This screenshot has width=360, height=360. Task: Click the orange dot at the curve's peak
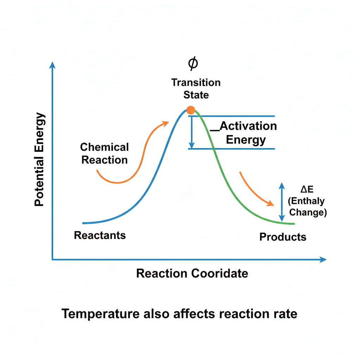click(x=191, y=110)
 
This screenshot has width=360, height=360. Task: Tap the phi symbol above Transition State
click(x=193, y=63)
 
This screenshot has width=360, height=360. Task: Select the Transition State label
click(x=196, y=89)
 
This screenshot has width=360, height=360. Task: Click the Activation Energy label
click(x=246, y=133)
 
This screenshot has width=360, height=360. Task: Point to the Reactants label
click(x=100, y=235)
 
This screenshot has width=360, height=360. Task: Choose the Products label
click(x=283, y=237)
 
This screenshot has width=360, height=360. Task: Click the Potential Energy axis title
click(x=39, y=159)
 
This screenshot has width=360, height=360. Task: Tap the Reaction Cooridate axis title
click(x=192, y=274)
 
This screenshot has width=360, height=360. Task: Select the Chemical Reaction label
click(x=104, y=153)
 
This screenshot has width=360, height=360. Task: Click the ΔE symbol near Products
click(x=307, y=189)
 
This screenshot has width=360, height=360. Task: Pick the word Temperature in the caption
click(x=101, y=314)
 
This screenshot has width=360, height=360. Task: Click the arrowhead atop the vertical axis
click(x=52, y=65)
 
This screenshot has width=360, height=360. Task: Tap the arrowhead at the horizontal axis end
click(x=323, y=259)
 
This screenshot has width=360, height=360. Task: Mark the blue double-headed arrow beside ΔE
click(x=282, y=202)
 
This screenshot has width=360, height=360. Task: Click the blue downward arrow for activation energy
click(x=192, y=133)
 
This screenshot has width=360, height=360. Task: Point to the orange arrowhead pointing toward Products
click(x=270, y=203)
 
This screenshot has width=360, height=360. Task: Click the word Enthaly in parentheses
click(x=306, y=201)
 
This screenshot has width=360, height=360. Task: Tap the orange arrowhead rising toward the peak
click(x=165, y=124)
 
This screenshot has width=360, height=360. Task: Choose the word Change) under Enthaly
click(x=308, y=212)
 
